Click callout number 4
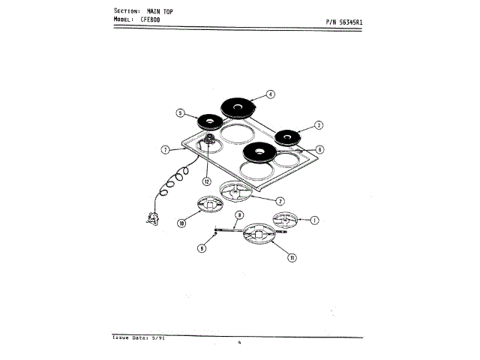point(271,94)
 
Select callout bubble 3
point(318,125)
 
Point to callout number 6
point(319,149)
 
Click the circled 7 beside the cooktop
point(164,150)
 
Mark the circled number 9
point(201,248)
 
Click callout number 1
point(315,220)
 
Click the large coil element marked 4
point(237,109)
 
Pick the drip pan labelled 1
point(285,220)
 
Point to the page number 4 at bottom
point(239,343)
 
